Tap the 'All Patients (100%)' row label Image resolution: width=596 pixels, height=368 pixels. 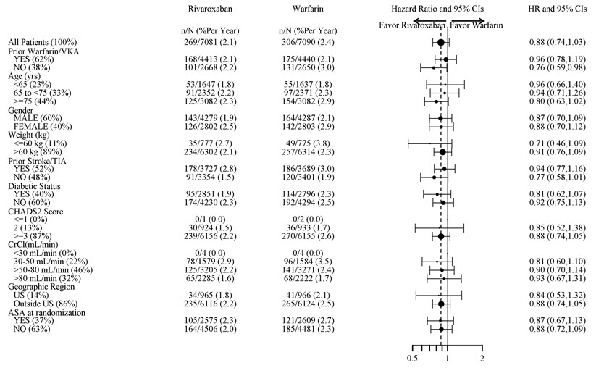coord(43,43)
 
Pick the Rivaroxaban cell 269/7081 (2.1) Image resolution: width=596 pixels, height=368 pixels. coord(209,43)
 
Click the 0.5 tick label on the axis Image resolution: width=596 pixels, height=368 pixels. coord(413,358)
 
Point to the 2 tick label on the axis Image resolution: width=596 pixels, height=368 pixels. coord(482,358)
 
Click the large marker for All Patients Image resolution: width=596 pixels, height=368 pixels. coord(441,43)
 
